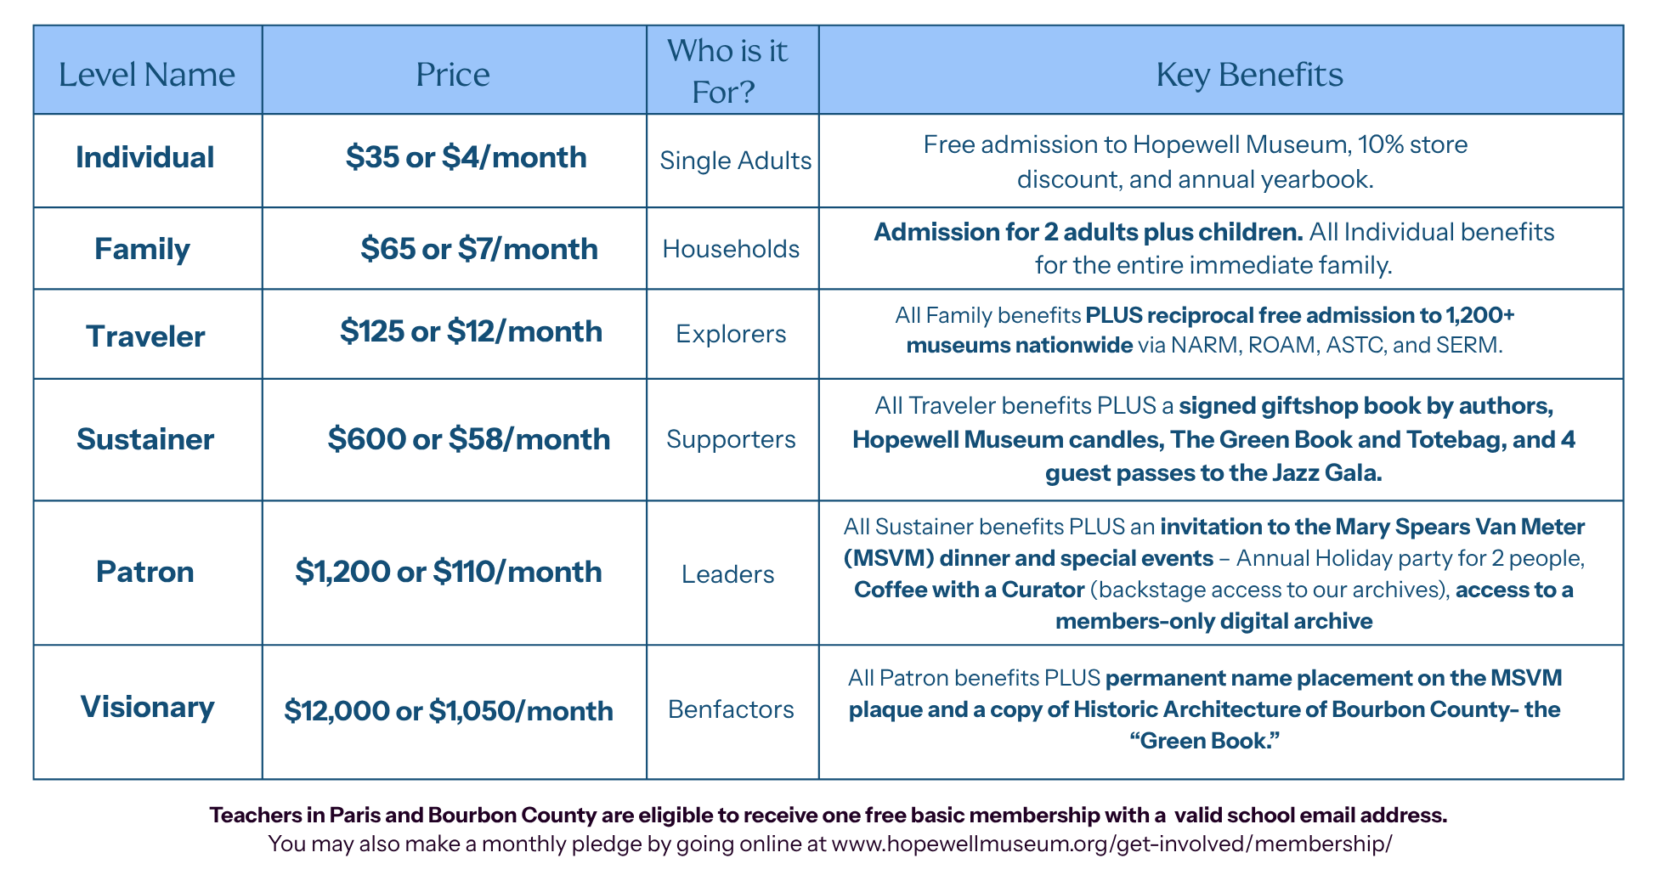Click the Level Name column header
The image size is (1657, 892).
tap(147, 75)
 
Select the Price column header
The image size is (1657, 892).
tap(453, 75)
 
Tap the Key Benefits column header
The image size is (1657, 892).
tap(1249, 75)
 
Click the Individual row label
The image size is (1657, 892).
tap(145, 157)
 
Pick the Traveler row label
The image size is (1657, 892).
tap(145, 336)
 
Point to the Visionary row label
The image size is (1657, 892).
tap(147, 707)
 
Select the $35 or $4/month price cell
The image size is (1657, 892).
tap(467, 157)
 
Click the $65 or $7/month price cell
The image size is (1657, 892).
tap(479, 249)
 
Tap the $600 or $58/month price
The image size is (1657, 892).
tap(469, 439)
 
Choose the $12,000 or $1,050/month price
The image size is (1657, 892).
tap(449, 710)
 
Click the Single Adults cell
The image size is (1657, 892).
tap(736, 161)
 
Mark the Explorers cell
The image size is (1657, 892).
tap(731, 334)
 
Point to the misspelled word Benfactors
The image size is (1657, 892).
tap(731, 709)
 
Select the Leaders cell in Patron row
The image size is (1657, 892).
tap(728, 574)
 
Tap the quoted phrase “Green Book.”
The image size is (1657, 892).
tap(1205, 741)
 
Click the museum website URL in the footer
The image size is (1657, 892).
tap(1111, 844)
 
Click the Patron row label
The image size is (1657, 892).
tap(145, 572)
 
